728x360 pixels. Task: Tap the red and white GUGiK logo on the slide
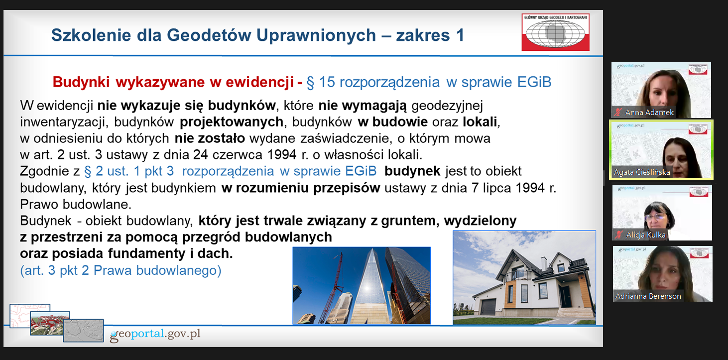pyautogui.click(x=555, y=32)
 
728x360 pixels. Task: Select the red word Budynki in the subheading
pyautogui.click(x=81, y=82)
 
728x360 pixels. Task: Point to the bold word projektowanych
pyautogui.click(x=232, y=122)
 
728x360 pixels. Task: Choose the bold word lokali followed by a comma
pyautogui.click(x=482, y=122)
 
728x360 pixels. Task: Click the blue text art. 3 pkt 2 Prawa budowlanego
pyautogui.click(x=121, y=270)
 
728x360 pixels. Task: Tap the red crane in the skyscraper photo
pyautogui.click(x=332, y=289)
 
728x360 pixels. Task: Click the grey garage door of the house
pyautogui.click(x=488, y=307)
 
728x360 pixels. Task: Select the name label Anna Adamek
pyautogui.click(x=649, y=113)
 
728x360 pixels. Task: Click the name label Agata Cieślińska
pyautogui.click(x=642, y=172)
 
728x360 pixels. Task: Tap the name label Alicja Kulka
pyautogui.click(x=646, y=235)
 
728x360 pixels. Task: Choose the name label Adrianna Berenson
pyautogui.click(x=648, y=296)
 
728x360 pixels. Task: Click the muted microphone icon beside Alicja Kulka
pyautogui.click(x=619, y=235)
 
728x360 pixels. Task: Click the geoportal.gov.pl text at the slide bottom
pyautogui.click(x=155, y=334)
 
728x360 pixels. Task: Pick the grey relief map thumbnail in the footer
pyautogui.click(x=83, y=331)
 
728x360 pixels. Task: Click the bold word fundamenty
pyautogui.click(x=146, y=254)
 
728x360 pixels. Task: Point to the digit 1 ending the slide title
pyautogui.click(x=460, y=35)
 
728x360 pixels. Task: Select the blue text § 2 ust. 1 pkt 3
pyautogui.click(x=129, y=171)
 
